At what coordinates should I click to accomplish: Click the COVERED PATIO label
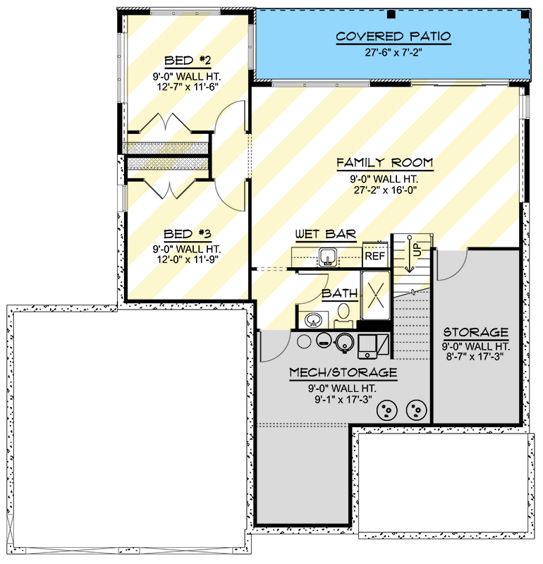pos(393,37)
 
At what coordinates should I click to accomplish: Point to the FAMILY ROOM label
pos(384,164)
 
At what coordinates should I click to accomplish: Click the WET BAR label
pos(325,234)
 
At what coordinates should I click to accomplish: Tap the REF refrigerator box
pos(374,256)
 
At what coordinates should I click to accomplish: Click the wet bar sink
pos(327,256)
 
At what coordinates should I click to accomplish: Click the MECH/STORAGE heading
pos(343,372)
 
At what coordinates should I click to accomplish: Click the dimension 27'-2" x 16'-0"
pos(384,190)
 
